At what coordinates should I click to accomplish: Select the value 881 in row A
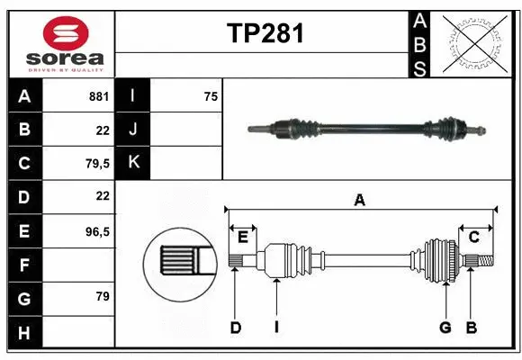(x=98, y=96)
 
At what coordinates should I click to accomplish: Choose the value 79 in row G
(x=101, y=296)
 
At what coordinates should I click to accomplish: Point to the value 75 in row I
(x=209, y=96)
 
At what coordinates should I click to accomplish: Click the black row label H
(x=23, y=332)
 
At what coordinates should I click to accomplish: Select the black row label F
(x=23, y=265)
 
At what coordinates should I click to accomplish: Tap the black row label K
(x=133, y=163)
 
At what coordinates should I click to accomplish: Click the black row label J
(x=133, y=130)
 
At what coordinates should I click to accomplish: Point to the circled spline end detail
(x=181, y=262)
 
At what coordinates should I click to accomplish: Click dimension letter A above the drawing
(x=359, y=201)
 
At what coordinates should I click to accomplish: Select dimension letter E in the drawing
(x=243, y=237)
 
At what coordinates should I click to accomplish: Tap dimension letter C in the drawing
(x=473, y=237)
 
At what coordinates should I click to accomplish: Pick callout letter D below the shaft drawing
(x=235, y=328)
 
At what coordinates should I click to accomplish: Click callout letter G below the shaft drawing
(x=444, y=328)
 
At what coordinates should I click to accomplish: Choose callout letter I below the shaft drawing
(x=276, y=328)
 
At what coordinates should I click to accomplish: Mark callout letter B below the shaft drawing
(x=471, y=328)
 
